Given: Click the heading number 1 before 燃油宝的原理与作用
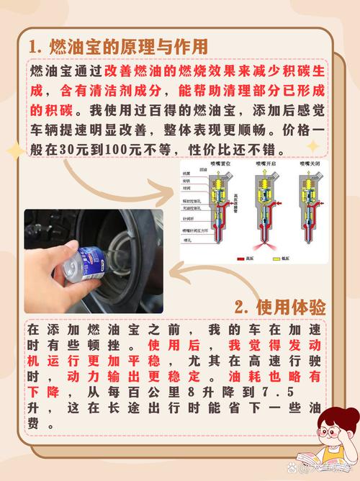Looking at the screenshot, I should pos(33,46).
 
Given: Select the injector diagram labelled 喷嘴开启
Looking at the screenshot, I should pos(261,209).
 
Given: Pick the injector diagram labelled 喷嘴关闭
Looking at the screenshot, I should pos(307,209).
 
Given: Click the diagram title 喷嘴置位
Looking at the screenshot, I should pos(215,165).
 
